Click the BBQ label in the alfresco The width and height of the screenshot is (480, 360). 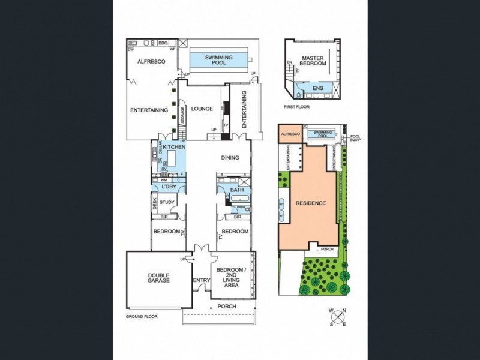pyautogui.click(x=163, y=43)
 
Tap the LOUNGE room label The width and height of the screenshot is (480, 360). pyautogui.click(x=202, y=109)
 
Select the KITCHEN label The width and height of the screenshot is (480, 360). pyautogui.click(x=174, y=147)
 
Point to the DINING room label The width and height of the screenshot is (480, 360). pyautogui.click(x=230, y=158)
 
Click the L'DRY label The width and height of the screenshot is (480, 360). pyautogui.click(x=168, y=187)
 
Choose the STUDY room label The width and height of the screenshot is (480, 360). pyautogui.click(x=167, y=202)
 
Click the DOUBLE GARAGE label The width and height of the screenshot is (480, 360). pyautogui.click(x=159, y=278)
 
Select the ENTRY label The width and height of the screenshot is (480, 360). pyautogui.click(x=201, y=280)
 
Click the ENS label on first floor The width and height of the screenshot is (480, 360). pyautogui.click(x=318, y=89)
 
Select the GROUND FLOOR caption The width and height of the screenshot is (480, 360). pyautogui.click(x=142, y=316)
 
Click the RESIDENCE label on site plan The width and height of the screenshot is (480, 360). pyautogui.click(x=311, y=203)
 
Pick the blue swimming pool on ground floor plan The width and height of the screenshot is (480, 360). pyautogui.click(x=219, y=59)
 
